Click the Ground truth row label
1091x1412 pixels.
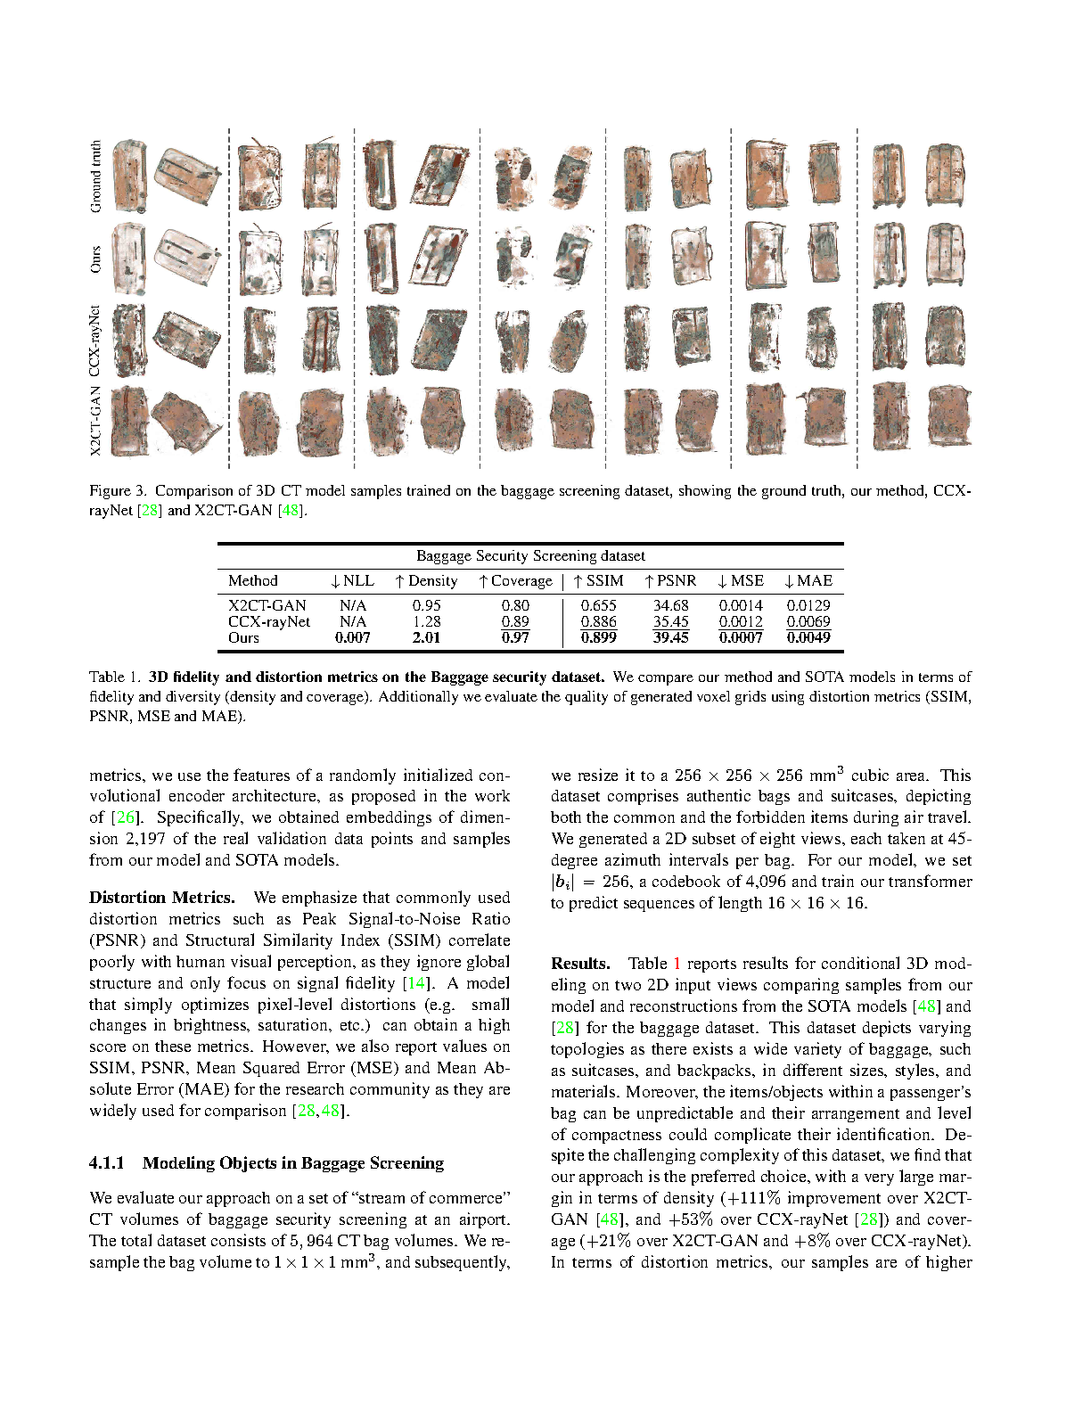pyautogui.click(x=95, y=176)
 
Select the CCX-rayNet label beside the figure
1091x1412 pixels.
pyautogui.click(x=95, y=341)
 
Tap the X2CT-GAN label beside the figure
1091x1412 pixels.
pyautogui.click(x=95, y=421)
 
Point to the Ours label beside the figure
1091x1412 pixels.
pyautogui.click(x=95, y=259)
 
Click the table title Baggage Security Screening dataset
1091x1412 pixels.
pyautogui.click(x=530, y=556)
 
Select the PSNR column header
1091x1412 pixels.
pyautogui.click(x=671, y=581)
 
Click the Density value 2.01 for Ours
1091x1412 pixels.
pyautogui.click(x=426, y=638)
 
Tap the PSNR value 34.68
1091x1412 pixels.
pyautogui.click(x=670, y=606)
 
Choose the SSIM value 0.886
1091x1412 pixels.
pyautogui.click(x=598, y=622)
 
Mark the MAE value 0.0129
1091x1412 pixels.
pyautogui.click(x=808, y=606)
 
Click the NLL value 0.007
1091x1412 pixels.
pyautogui.click(x=353, y=638)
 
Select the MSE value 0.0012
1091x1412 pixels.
pyautogui.click(x=741, y=622)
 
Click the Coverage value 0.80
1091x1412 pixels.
pyautogui.click(x=515, y=606)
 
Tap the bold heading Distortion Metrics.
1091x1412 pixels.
pyautogui.click(x=162, y=898)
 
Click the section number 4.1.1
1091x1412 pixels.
pyautogui.click(x=107, y=1163)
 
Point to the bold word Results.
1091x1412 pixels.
pyautogui.click(x=580, y=964)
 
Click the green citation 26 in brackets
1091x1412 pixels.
pyautogui.click(x=126, y=817)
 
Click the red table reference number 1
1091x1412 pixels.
pyautogui.click(x=677, y=964)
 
